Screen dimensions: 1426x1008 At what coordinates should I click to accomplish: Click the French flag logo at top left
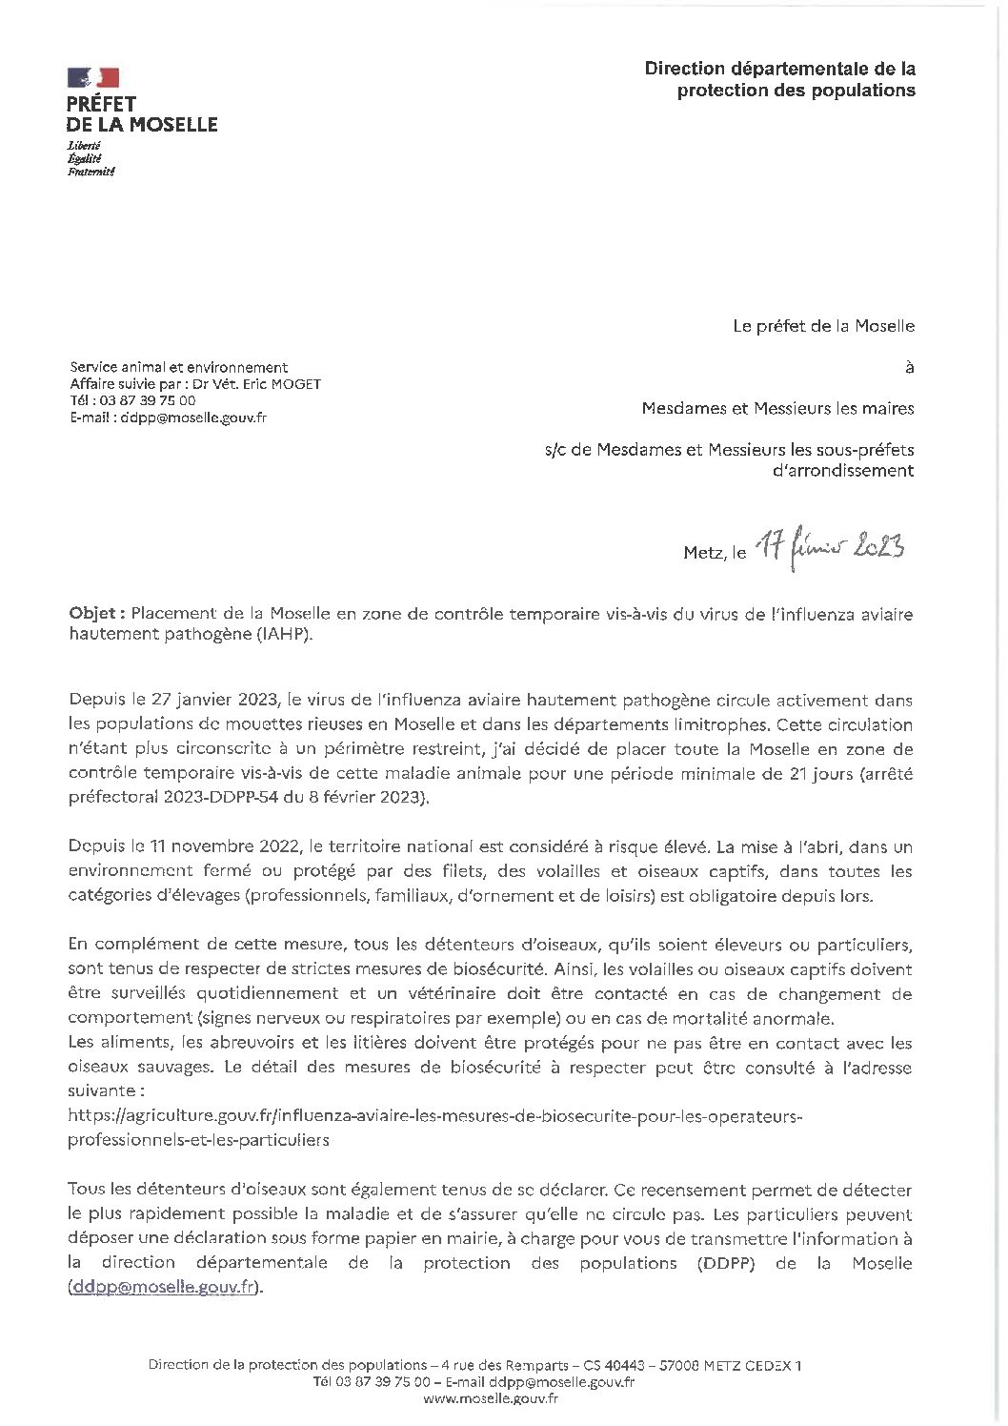pyautogui.click(x=92, y=78)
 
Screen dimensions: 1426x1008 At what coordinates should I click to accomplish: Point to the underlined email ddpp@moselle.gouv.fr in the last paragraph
pyautogui.click(x=163, y=1288)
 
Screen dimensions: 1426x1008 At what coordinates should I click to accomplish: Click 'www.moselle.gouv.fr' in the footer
pyautogui.click(x=490, y=1398)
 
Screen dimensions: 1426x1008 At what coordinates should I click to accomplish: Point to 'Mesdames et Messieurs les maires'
pyautogui.click(x=777, y=409)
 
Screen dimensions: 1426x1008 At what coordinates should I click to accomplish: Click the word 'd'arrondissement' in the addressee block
pyautogui.click(x=842, y=471)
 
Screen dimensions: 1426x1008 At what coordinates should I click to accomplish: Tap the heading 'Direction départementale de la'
pyautogui.click(x=779, y=69)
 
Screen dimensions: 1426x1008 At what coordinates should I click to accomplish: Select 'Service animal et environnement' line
pyautogui.click(x=178, y=367)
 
